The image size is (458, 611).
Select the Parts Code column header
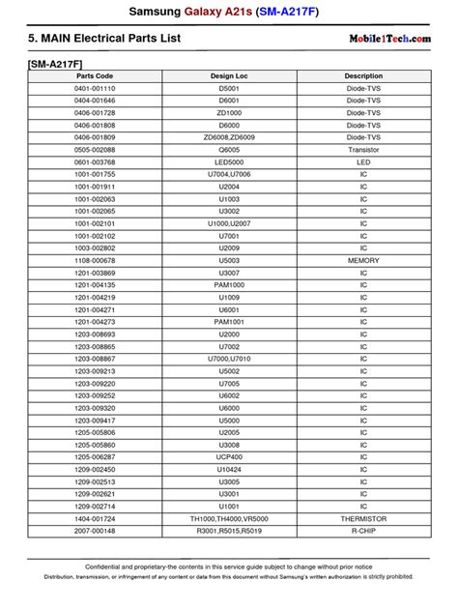pos(95,75)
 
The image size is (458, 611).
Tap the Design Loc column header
pos(229,75)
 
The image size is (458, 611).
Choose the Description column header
pos(363,75)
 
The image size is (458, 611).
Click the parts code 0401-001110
pos(95,88)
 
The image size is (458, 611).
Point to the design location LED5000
pos(229,161)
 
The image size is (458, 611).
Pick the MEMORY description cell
pos(363,260)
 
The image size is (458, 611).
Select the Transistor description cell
pos(363,150)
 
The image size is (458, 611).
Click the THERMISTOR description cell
pos(363,518)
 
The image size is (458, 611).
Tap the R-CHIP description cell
pos(363,531)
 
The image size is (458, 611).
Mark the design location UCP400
pos(229,456)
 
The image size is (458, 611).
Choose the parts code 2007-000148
pos(95,531)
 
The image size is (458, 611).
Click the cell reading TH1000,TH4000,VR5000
pos(229,518)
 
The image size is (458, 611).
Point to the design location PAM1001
pos(229,321)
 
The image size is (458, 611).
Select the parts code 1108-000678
pos(95,260)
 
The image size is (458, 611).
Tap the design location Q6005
pos(229,150)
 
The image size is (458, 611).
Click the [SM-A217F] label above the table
pos(54,61)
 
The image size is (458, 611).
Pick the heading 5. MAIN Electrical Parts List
pos(104,39)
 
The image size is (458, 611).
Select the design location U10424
pos(229,469)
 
